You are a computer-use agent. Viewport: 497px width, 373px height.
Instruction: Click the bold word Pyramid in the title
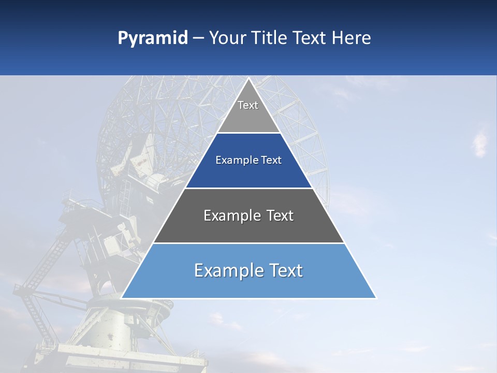coord(152,38)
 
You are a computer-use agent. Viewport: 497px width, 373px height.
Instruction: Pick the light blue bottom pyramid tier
coord(248,282)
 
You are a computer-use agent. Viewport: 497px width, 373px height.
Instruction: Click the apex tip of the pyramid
coord(248,79)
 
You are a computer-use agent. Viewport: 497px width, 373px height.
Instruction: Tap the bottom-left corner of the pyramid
coord(123,297)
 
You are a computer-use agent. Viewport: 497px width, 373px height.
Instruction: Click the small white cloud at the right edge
coord(480,142)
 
